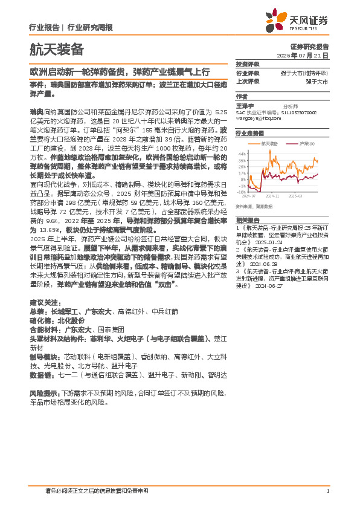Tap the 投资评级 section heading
point(248,64)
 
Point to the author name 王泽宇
point(245,105)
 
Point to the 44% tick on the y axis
point(242,153)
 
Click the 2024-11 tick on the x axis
point(271,196)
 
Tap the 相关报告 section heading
point(248,219)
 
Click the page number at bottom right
point(327,490)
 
